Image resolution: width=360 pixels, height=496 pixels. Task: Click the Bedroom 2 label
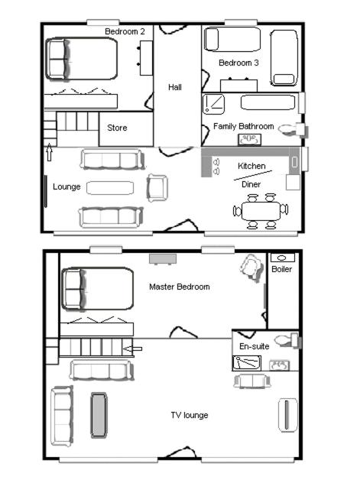125,31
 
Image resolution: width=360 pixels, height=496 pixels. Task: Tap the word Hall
175,87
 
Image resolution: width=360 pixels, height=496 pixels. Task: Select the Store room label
117,128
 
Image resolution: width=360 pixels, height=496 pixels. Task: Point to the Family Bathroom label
243,127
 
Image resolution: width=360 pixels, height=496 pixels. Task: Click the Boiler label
281,269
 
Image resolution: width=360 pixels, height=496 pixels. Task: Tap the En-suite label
255,346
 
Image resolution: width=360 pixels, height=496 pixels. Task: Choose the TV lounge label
190,415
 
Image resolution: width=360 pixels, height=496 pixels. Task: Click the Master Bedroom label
180,287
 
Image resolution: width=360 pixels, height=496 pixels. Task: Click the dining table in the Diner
261,211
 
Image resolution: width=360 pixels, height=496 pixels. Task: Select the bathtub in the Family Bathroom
268,102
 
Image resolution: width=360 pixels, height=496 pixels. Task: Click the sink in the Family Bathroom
250,140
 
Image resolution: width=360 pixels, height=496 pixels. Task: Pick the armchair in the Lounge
157,188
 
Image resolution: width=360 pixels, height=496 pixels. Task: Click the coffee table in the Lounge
110,188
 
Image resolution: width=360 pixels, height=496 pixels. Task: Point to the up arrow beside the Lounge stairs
49,152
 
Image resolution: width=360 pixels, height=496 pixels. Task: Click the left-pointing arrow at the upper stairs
132,349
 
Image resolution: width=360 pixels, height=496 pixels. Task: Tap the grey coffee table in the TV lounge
99,415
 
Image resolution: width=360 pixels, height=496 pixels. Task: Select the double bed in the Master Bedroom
97,289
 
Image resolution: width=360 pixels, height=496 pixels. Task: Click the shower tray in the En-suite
247,363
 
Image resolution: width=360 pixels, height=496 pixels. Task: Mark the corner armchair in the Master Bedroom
252,267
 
